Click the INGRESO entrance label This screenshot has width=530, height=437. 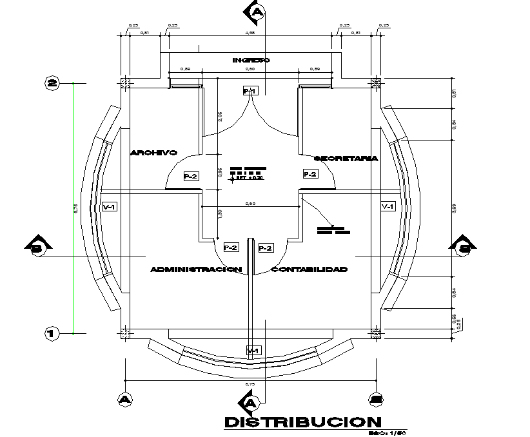[251, 60]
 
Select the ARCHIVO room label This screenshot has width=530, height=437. [153, 153]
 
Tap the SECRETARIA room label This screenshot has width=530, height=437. [346, 158]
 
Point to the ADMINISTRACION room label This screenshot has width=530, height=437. [195, 269]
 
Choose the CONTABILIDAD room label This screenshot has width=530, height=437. [309, 269]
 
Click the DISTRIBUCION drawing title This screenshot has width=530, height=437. [302, 422]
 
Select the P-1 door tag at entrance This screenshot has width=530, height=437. [250, 92]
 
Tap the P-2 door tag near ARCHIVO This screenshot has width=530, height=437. [190, 175]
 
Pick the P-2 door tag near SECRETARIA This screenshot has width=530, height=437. [310, 174]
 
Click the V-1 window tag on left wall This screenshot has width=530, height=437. [110, 207]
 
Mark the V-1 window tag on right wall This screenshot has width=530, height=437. [388, 207]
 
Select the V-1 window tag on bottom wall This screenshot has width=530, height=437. [253, 350]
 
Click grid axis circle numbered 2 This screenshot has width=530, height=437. [52, 83]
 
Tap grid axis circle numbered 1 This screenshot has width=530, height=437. [52, 333]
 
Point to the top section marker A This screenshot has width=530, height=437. [257, 12]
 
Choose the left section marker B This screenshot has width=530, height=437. [36, 246]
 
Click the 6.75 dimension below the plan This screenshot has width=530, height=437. [250, 384]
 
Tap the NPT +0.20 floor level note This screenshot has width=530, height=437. [248, 178]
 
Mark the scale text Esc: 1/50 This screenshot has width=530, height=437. [391, 433]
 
